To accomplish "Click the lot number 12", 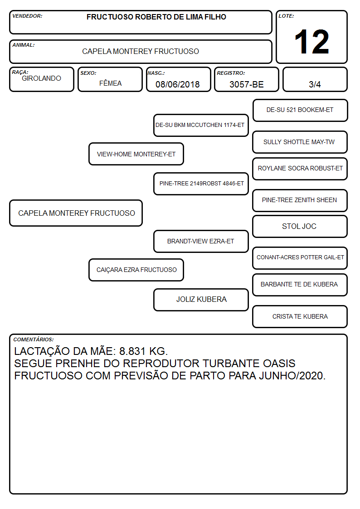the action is (311, 42).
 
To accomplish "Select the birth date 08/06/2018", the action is (178, 84).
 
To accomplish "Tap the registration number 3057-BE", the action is (246, 84).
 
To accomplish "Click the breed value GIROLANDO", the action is (41, 78).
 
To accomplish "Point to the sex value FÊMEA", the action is (110, 83).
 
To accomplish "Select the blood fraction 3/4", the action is (315, 84).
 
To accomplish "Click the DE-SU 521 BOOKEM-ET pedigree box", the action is (300, 111).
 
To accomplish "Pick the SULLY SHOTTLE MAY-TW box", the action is (300, 142).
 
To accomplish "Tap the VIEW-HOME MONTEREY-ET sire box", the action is (136, 154).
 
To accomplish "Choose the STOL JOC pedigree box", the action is (300, 226).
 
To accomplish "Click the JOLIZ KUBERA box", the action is (201, 300).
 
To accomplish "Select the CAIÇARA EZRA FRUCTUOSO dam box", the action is (136, 270).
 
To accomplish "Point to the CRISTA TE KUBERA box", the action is (300, 316).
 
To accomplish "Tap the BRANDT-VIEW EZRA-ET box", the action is (201, 241).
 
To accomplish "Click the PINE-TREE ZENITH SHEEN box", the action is (300, 200).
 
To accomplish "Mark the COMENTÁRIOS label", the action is (34, 339).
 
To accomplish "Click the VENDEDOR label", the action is (27, 16).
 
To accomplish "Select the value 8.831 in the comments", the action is (132, 351).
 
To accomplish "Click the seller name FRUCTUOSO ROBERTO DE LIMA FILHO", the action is (156, 17).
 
